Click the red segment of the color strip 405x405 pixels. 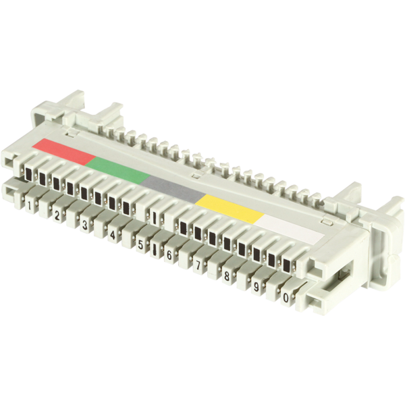64,152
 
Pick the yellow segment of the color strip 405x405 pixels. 230,208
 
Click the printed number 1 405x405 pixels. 29,206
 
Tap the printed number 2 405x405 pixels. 57,215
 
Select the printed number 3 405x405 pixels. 85,225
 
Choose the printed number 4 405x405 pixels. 112,235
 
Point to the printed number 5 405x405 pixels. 140,244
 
